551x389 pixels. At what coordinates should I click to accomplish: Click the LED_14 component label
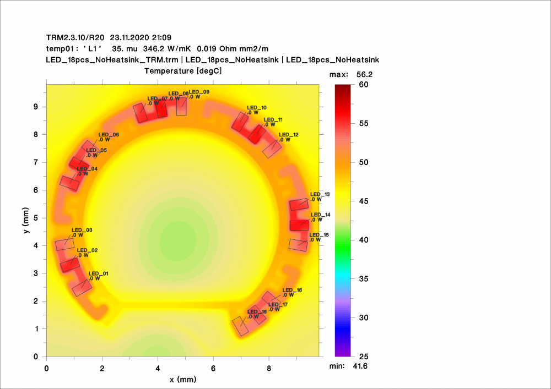tap(321, 215)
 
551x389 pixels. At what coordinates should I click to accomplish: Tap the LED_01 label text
tap(99, 273)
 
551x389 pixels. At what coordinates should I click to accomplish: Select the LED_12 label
tap(289, 135)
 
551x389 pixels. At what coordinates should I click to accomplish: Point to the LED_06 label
tap(109, 135)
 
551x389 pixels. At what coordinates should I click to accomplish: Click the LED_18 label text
tap(257, 312)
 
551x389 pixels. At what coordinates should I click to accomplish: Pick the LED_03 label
tap(82, 230)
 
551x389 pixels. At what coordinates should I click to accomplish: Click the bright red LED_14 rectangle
tap(299, 225)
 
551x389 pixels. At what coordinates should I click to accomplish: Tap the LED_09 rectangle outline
tap(181, 107)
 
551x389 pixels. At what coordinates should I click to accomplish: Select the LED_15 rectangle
tap(298, 244)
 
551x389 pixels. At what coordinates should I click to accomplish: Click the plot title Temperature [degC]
tap(183, 71)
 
